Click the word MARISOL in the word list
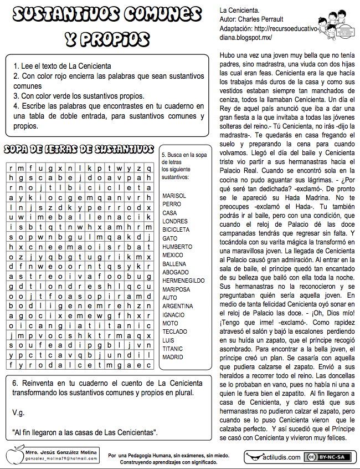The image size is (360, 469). (174, 196)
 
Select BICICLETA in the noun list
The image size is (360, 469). (176, 230)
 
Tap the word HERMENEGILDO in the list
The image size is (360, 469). (181, 281)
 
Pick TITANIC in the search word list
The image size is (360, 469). (172, 349)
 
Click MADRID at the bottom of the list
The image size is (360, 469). (173, 358)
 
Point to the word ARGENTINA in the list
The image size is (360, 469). (178, 306)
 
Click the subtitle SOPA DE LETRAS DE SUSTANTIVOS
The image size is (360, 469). (79, 150)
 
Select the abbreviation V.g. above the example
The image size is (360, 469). (18, 412)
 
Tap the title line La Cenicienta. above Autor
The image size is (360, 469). (239, 10)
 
